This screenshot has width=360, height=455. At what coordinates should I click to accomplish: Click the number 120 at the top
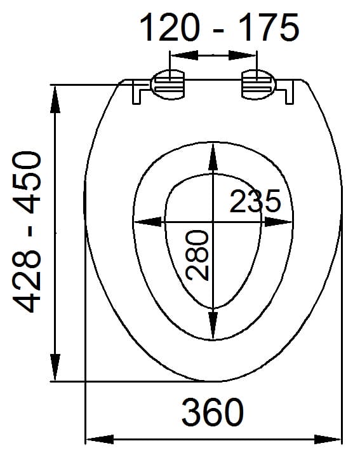170,27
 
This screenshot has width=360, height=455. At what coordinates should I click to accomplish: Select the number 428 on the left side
27,281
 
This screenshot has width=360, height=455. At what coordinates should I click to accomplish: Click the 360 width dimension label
213,412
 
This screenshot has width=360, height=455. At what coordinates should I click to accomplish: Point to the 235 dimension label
255,201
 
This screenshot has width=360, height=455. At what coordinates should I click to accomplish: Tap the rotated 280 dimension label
197,255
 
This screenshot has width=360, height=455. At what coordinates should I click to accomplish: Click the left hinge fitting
168,85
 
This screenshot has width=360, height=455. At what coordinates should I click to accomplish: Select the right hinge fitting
257,85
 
